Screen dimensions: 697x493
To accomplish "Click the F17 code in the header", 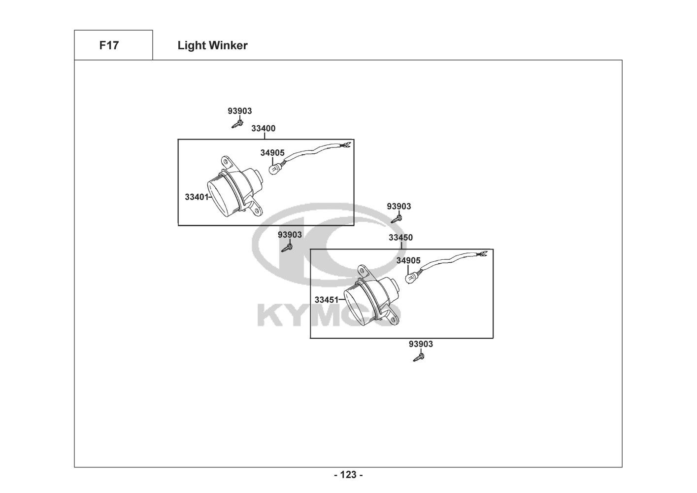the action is tap(109, 45).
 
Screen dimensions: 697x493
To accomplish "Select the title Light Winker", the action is tap(212, 45).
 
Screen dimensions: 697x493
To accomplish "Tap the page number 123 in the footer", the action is tap(348, 475).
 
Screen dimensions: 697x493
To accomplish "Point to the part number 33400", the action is tap(263, 128).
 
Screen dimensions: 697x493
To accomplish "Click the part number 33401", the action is tap(197, 197).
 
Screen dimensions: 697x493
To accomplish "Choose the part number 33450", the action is tap(400, 237).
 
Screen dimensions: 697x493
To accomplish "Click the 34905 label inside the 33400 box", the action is tap(272, 153).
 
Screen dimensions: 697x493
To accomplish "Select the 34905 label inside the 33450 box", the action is tap(408, 260).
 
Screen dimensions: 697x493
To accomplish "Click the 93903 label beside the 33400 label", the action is tap(239, 111).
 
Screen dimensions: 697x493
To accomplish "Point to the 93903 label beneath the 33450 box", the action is tap(421, 344).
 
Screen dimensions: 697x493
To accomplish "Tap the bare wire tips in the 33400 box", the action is tap(346, 144).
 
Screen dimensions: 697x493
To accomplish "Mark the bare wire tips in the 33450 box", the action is tap(484, 254).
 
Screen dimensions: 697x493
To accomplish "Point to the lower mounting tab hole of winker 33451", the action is tap(394, 319).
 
